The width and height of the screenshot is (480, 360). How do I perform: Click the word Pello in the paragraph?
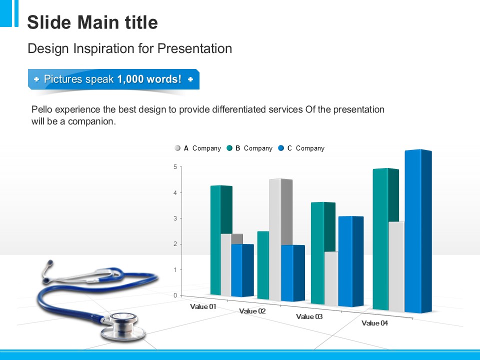point(41,109)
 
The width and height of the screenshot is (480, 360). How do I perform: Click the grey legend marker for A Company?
point(177,148)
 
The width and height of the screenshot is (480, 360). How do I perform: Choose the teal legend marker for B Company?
point(229,148)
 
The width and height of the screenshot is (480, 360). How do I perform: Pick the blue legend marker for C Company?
point(281,148)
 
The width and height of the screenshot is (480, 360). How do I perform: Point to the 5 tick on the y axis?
point(175,166)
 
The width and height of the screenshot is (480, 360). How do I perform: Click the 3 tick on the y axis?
point(175,218)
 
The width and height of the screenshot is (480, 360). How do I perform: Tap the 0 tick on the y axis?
point(175,295)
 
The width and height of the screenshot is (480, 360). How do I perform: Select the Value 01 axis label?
point(203,306)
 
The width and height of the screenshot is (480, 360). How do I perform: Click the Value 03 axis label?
point(309,316)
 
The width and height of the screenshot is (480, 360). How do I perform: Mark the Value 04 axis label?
point(374,323)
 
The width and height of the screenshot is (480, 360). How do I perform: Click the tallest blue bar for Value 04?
point(417,230)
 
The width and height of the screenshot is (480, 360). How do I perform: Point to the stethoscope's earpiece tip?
point(49,261)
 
